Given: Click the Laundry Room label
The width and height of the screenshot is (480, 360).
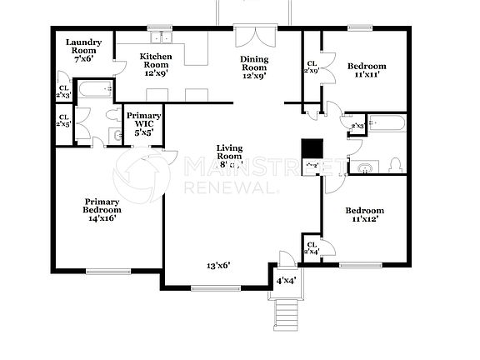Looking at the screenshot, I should point(83,51).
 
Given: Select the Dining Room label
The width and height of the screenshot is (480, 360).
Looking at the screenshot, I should point(254,67).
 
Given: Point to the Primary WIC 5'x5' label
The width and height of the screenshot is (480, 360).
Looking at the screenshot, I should point(143,122).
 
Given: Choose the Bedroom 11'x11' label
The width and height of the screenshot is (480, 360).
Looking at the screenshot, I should point(366,71).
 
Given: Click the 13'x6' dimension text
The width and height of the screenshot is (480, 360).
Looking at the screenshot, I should point(218,266).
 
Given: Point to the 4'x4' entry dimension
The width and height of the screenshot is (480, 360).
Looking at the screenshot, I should point(285,282).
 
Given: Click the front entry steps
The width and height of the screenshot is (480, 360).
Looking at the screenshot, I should point(286,314).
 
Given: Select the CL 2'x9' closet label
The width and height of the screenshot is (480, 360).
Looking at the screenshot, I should point(312,67).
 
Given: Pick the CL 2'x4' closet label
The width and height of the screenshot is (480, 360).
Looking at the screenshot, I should point(312,247).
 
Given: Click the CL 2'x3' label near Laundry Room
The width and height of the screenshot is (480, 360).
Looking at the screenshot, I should point(62,92).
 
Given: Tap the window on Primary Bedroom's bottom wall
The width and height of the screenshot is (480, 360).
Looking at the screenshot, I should point(107,271).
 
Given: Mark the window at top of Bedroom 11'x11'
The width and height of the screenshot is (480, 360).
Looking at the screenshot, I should point(360,28).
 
